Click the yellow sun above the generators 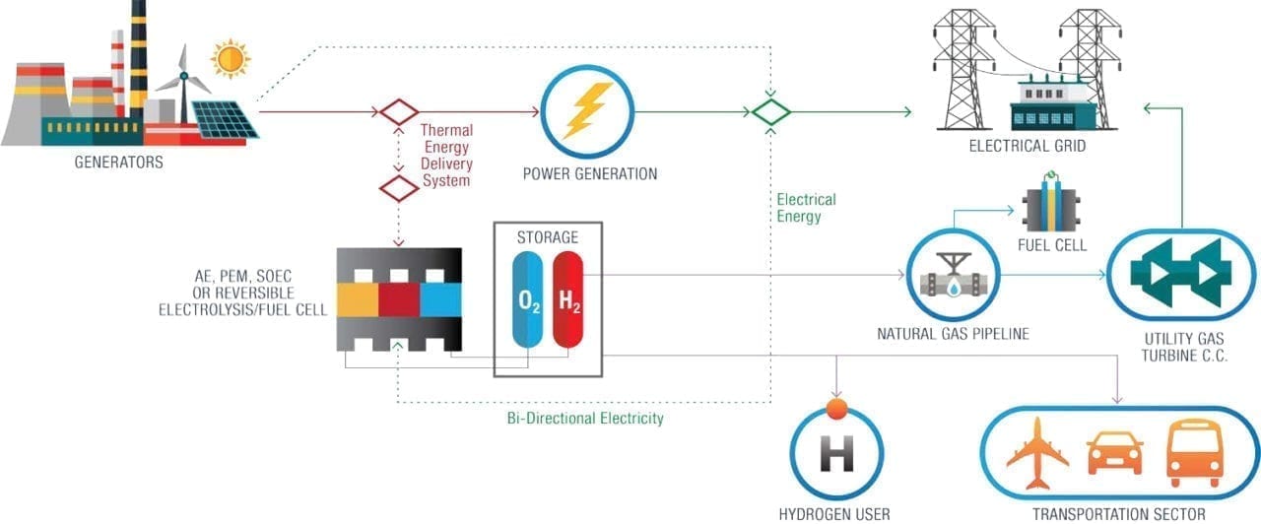(x=231, y=59)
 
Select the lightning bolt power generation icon (x=587, y=111)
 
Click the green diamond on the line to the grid (x=771, y=111)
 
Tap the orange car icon (x=1115, y=453)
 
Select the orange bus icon (x=1193, y=453)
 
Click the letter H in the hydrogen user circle (x=836, y=458)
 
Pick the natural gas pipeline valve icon (x=953, y=277)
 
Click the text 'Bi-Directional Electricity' (x=578, y=418)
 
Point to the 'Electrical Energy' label (x=806, y=208)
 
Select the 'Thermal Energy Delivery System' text (x=446, y=155)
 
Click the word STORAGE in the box (x=548, y=237)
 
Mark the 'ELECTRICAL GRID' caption (x=1028, y=147)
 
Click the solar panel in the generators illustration (x=224, y=120)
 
